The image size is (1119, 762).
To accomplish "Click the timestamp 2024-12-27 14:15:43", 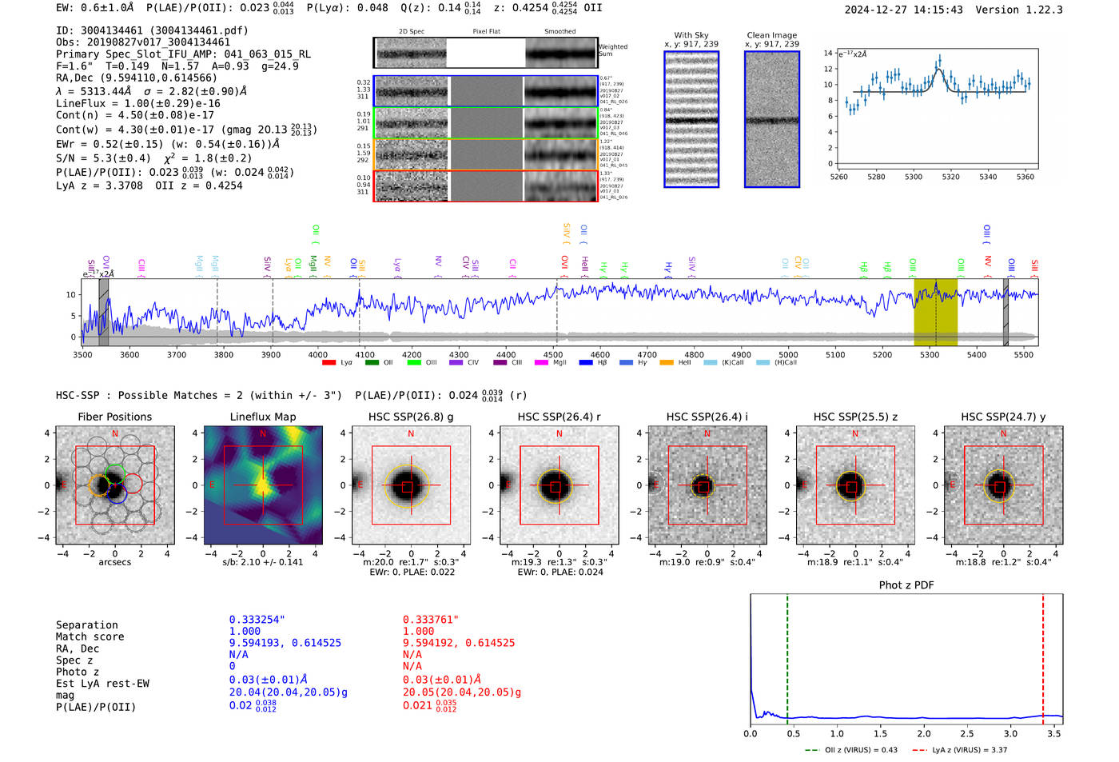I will pyautogui.click(x=903, y=10).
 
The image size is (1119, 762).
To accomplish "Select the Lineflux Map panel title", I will pyautogui.click(x=262, y=417).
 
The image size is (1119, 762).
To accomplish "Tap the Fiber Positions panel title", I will pyautogui.click(x=114, y=417).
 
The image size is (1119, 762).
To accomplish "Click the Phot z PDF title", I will pyautogui.click(x=906, y=584).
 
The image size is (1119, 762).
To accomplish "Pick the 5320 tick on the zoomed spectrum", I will pyautogui.click(x=950, y=177).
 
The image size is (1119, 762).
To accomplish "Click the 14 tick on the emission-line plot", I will pyautogui.click(x=828, y=53).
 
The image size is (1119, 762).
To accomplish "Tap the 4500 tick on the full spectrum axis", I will pyautogui.click(x=552, y=354).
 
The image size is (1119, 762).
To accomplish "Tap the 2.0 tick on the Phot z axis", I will pyautogui.click(x=924, y=733).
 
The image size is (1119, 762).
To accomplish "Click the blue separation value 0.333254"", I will pyautogui.click(x=257, y=620).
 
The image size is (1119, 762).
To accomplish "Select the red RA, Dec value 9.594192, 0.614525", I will pyautogui.click(x=458, y=643).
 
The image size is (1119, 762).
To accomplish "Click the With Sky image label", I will pyautogui.click(x=691, y=35).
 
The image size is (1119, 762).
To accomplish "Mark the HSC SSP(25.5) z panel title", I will pyautogui.click(x=854, y=417).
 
